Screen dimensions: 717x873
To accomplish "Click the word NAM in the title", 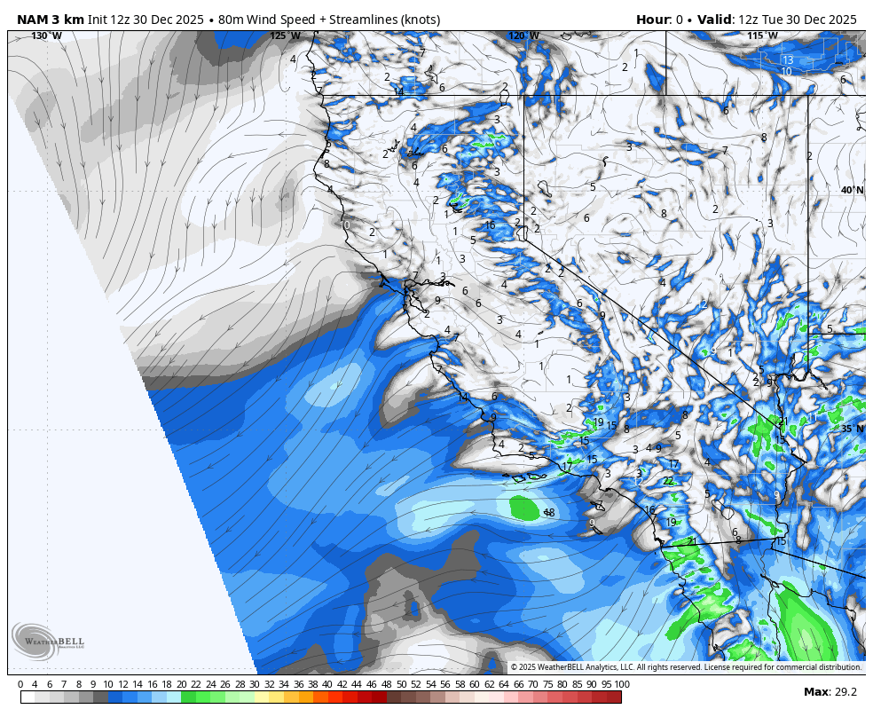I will [34, 20].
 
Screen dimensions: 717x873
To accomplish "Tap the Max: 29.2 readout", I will [830, 692].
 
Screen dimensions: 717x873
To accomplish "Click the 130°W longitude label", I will [46, 35].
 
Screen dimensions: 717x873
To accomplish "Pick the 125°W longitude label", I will [285, 35].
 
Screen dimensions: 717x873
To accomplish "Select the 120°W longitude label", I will [523, 35].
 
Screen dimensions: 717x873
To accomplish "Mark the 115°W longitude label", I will [762, 35].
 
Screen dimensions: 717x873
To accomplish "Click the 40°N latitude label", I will [853, 190].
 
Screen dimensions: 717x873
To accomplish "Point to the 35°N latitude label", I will [853, 428].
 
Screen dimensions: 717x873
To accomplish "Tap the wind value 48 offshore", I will [549, 513].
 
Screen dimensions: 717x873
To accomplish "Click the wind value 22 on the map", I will [668, 481].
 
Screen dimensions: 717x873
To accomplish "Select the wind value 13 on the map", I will [788, 60].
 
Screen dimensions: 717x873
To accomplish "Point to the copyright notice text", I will [686, 667].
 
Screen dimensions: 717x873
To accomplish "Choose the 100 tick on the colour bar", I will [621, 684].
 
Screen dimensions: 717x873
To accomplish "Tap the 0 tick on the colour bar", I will [20, 684].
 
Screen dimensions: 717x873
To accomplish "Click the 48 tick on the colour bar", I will [386, 684].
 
